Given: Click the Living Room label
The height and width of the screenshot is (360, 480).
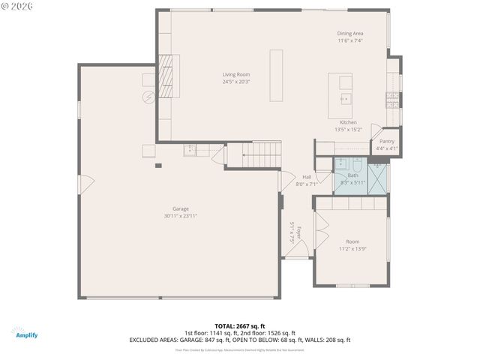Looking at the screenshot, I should [x=235, y=74].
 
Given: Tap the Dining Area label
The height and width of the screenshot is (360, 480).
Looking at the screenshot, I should [x=349, y=34].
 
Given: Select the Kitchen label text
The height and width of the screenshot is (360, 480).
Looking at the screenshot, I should [x=348, y=122].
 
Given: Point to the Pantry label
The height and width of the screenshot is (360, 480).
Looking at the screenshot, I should [x=387, y=141].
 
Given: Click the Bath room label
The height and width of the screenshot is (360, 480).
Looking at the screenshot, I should [x=352, y=175].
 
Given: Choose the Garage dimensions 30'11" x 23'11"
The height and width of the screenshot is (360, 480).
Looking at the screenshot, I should [x=180, y=216].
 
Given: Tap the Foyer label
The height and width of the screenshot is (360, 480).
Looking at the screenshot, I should [x=298, y=232].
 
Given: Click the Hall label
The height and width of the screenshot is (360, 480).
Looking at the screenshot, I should [x=307, y=177].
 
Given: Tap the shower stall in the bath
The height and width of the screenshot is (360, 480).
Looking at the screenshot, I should [x=379, y=177].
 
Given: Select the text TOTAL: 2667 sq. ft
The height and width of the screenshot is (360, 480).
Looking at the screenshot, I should [x=240, y=326].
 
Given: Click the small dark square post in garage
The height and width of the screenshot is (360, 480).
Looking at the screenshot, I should [x=158, y=166].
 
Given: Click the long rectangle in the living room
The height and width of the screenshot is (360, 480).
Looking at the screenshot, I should [x=276, y=75].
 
